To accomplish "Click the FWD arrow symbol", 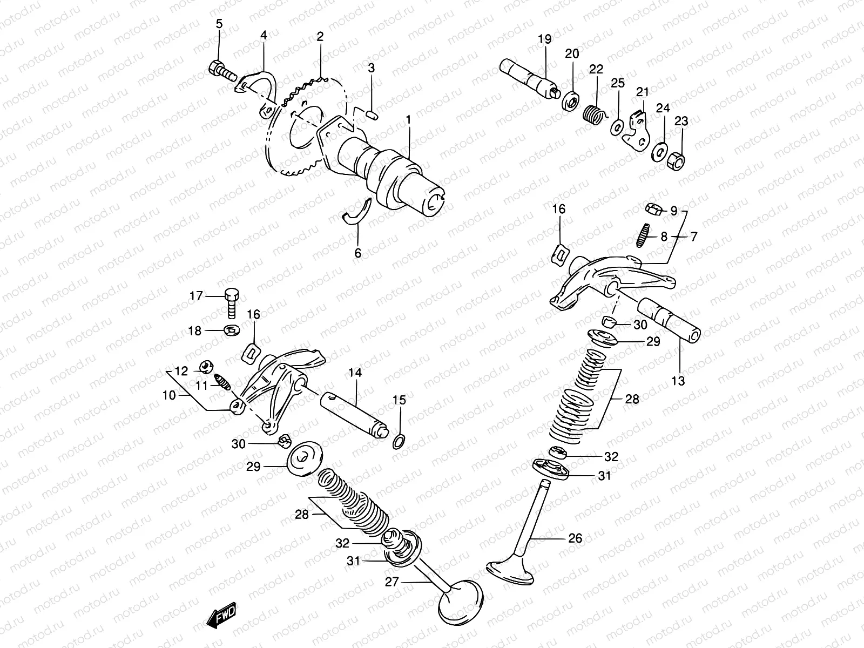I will tap(221, 617).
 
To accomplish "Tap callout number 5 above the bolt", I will tap(219, 23).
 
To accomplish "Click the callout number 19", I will tap(544, 39).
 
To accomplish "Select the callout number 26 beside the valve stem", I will tap(575, 538).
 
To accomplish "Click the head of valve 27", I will tap(463, 600).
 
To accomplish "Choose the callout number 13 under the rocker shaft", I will tap(678, 381).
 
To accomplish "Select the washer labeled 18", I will tap(232, 329).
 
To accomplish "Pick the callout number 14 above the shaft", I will tap(355, 373).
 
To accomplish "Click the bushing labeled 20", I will tap(571, 102).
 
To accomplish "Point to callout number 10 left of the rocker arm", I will tap(168, 395).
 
